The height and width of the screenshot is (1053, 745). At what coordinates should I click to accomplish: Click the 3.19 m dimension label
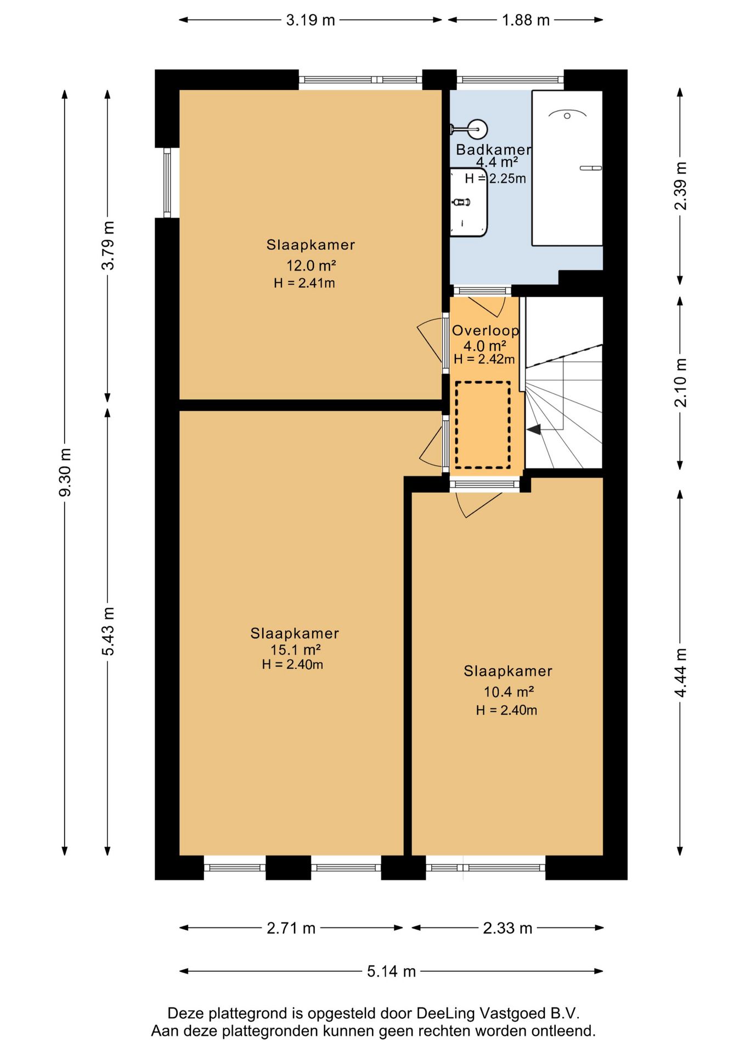[311, 20]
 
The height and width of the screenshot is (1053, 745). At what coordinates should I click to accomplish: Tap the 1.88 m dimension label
[526, 20]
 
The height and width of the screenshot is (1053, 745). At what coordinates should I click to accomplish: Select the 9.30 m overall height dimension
[65, 472]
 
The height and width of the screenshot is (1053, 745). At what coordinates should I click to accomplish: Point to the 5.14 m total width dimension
[391, 971]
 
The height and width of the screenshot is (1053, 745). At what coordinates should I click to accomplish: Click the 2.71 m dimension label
[291, 928]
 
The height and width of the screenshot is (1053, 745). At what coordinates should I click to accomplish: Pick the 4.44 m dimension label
[680, 673]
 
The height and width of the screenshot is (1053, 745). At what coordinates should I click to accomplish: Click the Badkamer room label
[494, 150]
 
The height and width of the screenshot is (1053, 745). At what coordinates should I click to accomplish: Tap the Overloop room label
[486, 331]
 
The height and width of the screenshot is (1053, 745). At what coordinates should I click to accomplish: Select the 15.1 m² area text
[295, 650]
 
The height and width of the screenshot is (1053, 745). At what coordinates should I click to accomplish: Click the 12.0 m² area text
[311, 265]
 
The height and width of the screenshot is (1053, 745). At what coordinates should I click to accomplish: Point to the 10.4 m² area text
[509, 692]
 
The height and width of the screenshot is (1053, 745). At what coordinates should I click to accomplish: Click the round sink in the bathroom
[476, 130]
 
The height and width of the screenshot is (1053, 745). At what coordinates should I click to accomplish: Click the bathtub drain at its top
[567, 116]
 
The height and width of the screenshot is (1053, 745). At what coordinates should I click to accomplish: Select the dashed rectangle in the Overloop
[483, 425]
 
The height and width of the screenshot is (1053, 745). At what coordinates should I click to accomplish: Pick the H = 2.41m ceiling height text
[304, 283]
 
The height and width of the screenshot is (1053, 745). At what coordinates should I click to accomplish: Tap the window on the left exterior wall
[167, 183]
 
